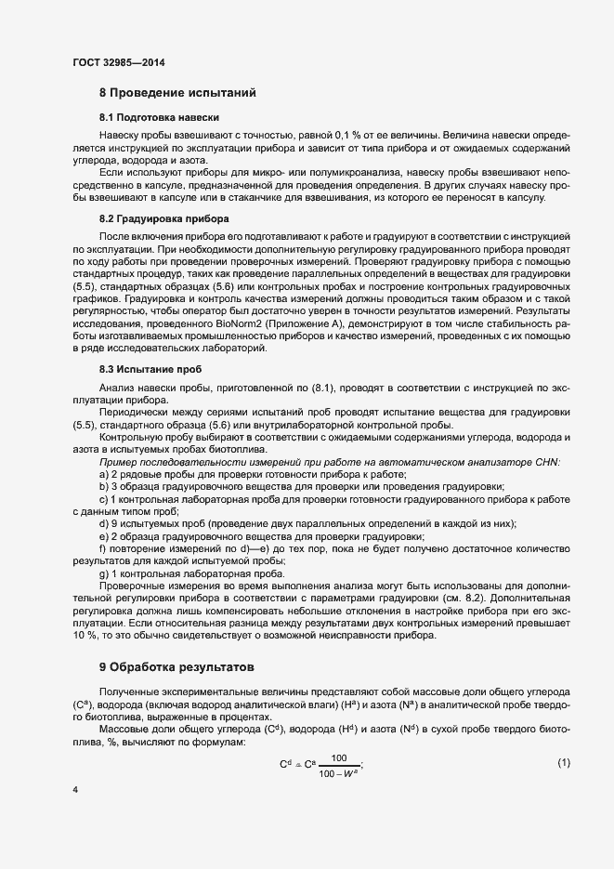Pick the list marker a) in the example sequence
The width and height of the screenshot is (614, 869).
[x=103, y=474]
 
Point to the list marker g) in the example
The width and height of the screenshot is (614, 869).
[x=103, y=574]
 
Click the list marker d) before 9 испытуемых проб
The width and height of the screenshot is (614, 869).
[x=103, y=524]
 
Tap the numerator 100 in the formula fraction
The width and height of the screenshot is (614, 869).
[x=339, y=758]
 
